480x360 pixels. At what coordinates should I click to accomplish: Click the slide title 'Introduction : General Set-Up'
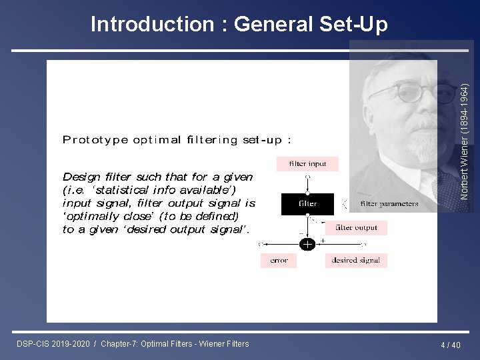239,25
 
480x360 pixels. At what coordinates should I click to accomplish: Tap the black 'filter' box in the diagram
307,203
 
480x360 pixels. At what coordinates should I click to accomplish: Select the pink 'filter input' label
307,164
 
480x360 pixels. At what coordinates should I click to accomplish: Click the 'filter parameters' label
389,204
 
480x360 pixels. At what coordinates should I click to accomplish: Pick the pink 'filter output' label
356,228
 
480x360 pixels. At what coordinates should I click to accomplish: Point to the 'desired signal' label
355,261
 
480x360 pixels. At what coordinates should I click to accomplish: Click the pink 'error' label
279,261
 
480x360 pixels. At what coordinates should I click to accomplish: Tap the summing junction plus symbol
307,245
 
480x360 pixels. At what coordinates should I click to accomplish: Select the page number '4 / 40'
451,345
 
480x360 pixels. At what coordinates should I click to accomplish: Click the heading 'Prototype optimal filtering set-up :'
177,140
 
